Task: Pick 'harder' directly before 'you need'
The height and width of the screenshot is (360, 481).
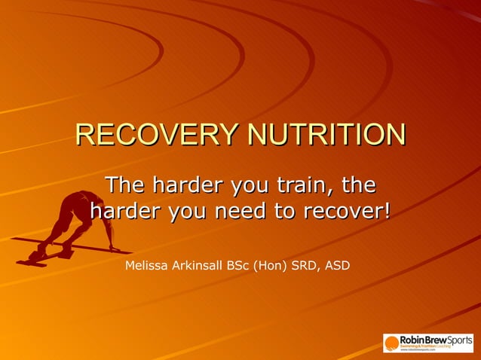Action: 123,210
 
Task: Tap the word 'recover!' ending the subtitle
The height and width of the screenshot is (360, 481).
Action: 347,210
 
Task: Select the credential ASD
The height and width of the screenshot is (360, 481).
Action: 336,265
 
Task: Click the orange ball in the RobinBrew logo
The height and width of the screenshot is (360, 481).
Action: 392,343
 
